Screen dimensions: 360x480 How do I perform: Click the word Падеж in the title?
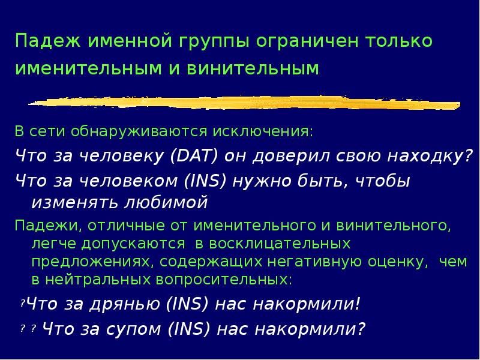pos(49,42)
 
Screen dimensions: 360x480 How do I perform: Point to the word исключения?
pos(274,131)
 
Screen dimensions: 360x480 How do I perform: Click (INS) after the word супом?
pos(190,329)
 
